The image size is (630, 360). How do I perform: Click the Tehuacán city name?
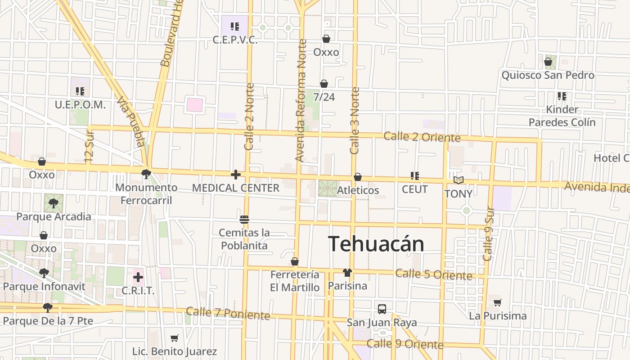click(x=376, y=244)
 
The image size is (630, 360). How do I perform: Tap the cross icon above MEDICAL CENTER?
click(x=236, y=175)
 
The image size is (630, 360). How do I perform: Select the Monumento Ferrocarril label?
click(x=146, y=193)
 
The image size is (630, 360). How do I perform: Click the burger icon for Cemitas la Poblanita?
click(x=244, y=220)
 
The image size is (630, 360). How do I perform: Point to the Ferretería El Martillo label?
click(x=295, y=281)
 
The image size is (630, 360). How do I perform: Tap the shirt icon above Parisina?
click(x=347, y=272)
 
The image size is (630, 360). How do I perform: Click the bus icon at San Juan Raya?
click(x=382, y=309)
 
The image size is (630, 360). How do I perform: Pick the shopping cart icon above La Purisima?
click(x=497, y=302)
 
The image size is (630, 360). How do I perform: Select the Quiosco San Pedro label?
click(x=548, y=75)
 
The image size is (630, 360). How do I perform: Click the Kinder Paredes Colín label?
click(x=562, y=116)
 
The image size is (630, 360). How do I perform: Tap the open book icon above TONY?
click(x=458, y=180)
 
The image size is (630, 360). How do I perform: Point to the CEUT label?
click(x=414, y=189)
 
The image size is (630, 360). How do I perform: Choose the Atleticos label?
click(x=358, y=190)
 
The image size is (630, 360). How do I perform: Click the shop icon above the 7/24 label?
click(x=324, y=84)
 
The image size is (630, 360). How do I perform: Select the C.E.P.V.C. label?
click(x=235, y=40)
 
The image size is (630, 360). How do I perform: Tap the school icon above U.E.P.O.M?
click(x=80, y=91)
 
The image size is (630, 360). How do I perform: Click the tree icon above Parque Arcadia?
click(x=54, y=203)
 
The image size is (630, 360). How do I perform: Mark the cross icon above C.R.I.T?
click(x=138, y=277)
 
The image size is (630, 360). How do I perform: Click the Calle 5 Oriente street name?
click(x=434, y=274)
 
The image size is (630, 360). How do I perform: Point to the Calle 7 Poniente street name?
click(x=228, y=313)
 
